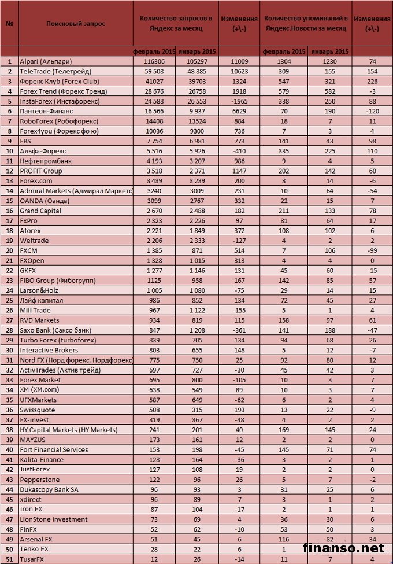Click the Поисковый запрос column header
click(x=76, y=24)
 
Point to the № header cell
click(x=9, y=24)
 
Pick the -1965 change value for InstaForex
click(x=239, y=101)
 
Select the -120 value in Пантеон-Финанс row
click(x=372, y=110)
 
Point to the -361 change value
click(x=239, y=330)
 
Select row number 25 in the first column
click(x=9, y=300)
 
